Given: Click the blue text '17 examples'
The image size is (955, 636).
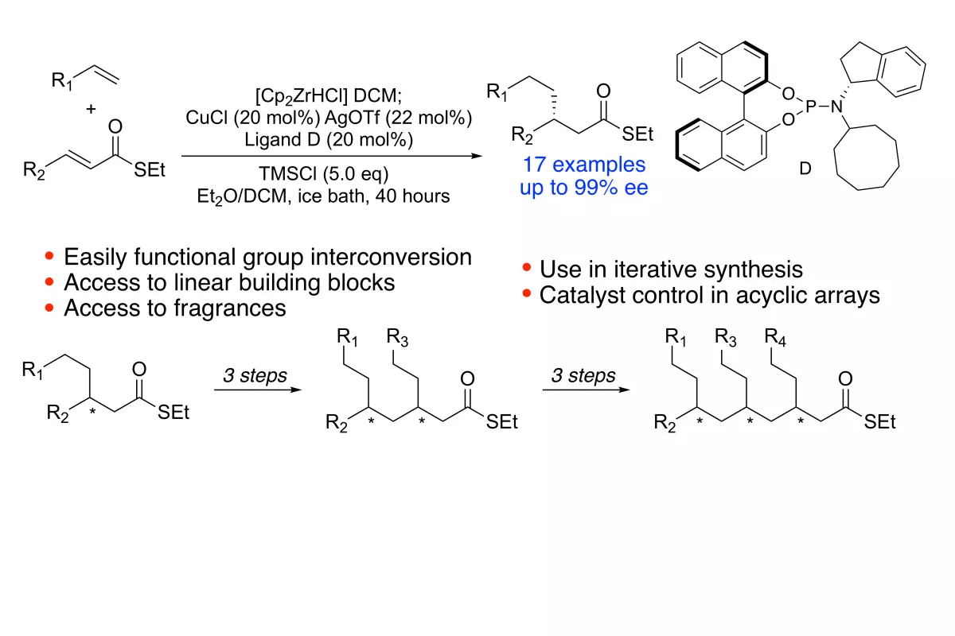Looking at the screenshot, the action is [584, 165].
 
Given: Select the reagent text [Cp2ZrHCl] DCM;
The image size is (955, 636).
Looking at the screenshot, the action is [328, 96].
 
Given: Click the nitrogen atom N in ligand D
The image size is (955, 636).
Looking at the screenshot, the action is [837, 107].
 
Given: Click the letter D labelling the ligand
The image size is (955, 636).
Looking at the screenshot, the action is [805, 169].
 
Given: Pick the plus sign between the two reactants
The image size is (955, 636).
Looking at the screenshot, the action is [91, 109].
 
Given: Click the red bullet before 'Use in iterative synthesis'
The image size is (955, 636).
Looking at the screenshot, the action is [527, 268].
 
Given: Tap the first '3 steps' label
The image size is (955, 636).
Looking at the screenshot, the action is [255, 376].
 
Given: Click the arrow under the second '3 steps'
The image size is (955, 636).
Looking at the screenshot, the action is [587, 390].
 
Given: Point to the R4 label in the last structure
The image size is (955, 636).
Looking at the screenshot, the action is [774, 337].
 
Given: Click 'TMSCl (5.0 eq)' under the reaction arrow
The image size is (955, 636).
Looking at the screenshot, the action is [324, 174].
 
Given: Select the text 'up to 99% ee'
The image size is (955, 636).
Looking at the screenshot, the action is [583, 188].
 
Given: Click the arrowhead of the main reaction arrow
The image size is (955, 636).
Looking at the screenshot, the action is [477, 156].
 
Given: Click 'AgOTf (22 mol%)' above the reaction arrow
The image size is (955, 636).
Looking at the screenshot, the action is [398, 118].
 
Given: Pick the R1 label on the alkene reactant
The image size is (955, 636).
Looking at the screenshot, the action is [62, 80].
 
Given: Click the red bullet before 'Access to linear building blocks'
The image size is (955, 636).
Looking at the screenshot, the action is [49, 282].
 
